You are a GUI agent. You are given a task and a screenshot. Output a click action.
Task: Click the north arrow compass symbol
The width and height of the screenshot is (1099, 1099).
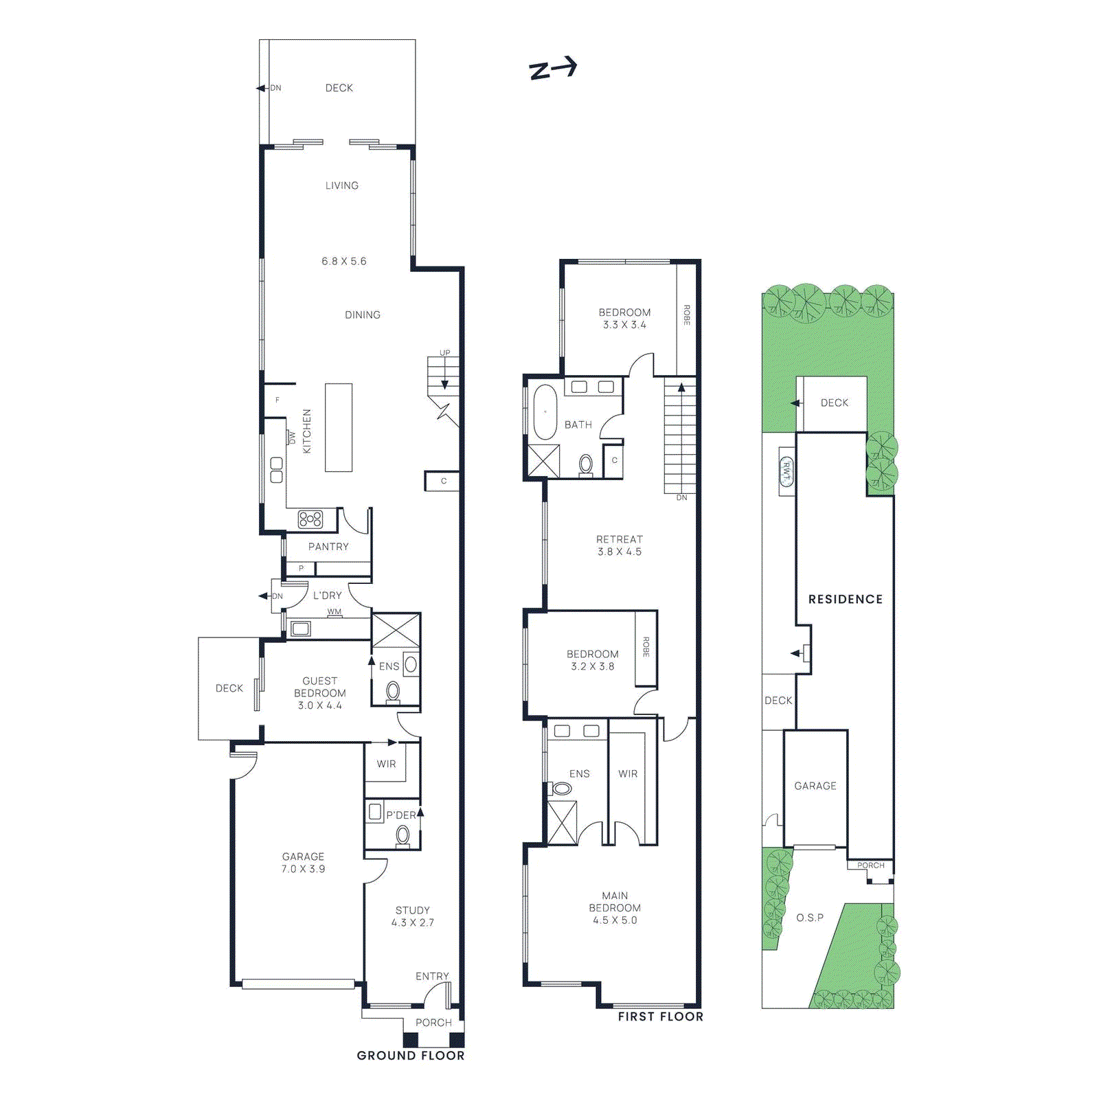click(x=552, y=69)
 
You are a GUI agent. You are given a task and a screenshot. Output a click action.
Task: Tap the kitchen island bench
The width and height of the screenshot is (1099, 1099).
click(x=339, y=427)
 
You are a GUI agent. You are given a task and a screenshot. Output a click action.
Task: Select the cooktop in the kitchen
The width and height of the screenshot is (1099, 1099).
click(x=310, y=519)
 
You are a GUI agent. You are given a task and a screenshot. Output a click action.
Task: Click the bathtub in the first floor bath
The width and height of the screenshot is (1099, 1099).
click(x=545, y=412)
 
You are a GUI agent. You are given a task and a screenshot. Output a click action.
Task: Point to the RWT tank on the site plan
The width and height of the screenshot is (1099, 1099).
click(x=786, y=471)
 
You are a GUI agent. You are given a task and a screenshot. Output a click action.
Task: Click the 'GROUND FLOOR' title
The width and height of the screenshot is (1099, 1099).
click(x=411, y=1056)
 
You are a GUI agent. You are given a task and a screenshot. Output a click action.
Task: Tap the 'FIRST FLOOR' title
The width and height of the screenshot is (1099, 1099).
click(x=660, y=1017)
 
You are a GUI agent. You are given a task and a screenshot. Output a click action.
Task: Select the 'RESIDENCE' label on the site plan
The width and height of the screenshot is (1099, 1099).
click(x=845, y=600)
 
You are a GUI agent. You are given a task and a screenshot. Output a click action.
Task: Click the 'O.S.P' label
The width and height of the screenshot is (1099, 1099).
click(x=810, y=918)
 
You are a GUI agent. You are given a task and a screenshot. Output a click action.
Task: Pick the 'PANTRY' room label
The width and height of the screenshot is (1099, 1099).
click(x=328, y=547)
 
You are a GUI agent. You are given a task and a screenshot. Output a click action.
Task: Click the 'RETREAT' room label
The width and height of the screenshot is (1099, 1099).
click(x=620, y=540)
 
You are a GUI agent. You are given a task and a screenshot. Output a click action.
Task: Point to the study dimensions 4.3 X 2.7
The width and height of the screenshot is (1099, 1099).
click(x=413, y=922)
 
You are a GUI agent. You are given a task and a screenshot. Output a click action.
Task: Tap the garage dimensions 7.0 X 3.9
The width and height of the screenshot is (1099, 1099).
click(x=303, y=869)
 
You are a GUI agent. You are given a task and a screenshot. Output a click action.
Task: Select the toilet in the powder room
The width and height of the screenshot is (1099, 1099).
click(x=403, y=835)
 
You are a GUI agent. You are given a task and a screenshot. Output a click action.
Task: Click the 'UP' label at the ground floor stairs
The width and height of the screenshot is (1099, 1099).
click(x=445, y=353)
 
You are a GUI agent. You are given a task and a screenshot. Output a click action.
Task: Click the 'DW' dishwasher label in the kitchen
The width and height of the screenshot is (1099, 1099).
click(x=292, y=437)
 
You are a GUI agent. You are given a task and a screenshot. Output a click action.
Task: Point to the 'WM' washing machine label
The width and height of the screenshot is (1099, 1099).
click(x=335, y=612)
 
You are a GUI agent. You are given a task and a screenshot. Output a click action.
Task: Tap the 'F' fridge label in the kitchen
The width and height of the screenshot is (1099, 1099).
click(x=277, y=400)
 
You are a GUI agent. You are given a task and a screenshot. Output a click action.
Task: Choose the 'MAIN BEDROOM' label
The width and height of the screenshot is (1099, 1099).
click(x=615, y=902)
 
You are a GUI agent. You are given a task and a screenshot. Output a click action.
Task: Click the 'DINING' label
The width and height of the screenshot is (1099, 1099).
click(x=363, y=315)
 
